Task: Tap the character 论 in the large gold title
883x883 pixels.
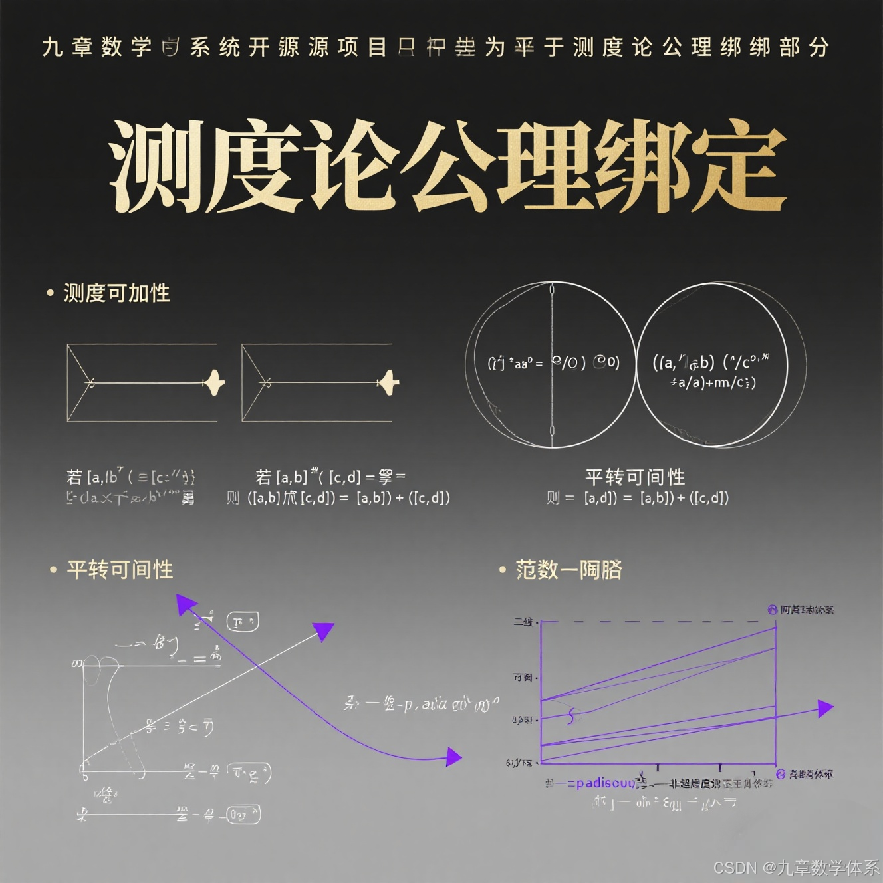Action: pos(351,166)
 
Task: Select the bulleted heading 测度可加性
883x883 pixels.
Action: pos(116,293)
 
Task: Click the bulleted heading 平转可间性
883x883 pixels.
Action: pos(120,570)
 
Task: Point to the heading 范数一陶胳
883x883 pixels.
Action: pos(568,570)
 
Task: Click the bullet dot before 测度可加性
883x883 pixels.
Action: pos(50,293)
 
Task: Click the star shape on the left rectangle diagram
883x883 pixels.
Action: pos(215,382)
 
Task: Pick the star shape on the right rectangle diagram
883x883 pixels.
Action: pos(390,382)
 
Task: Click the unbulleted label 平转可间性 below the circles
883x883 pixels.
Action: pos(635,477)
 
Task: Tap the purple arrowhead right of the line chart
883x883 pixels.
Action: pos(824,709)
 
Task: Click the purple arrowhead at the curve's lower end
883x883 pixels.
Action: pos(453,757)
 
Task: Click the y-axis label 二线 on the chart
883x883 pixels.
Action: pos(523,622)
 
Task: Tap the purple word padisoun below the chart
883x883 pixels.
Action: pos(605,783)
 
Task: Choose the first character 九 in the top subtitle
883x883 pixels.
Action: pos(52,47)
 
